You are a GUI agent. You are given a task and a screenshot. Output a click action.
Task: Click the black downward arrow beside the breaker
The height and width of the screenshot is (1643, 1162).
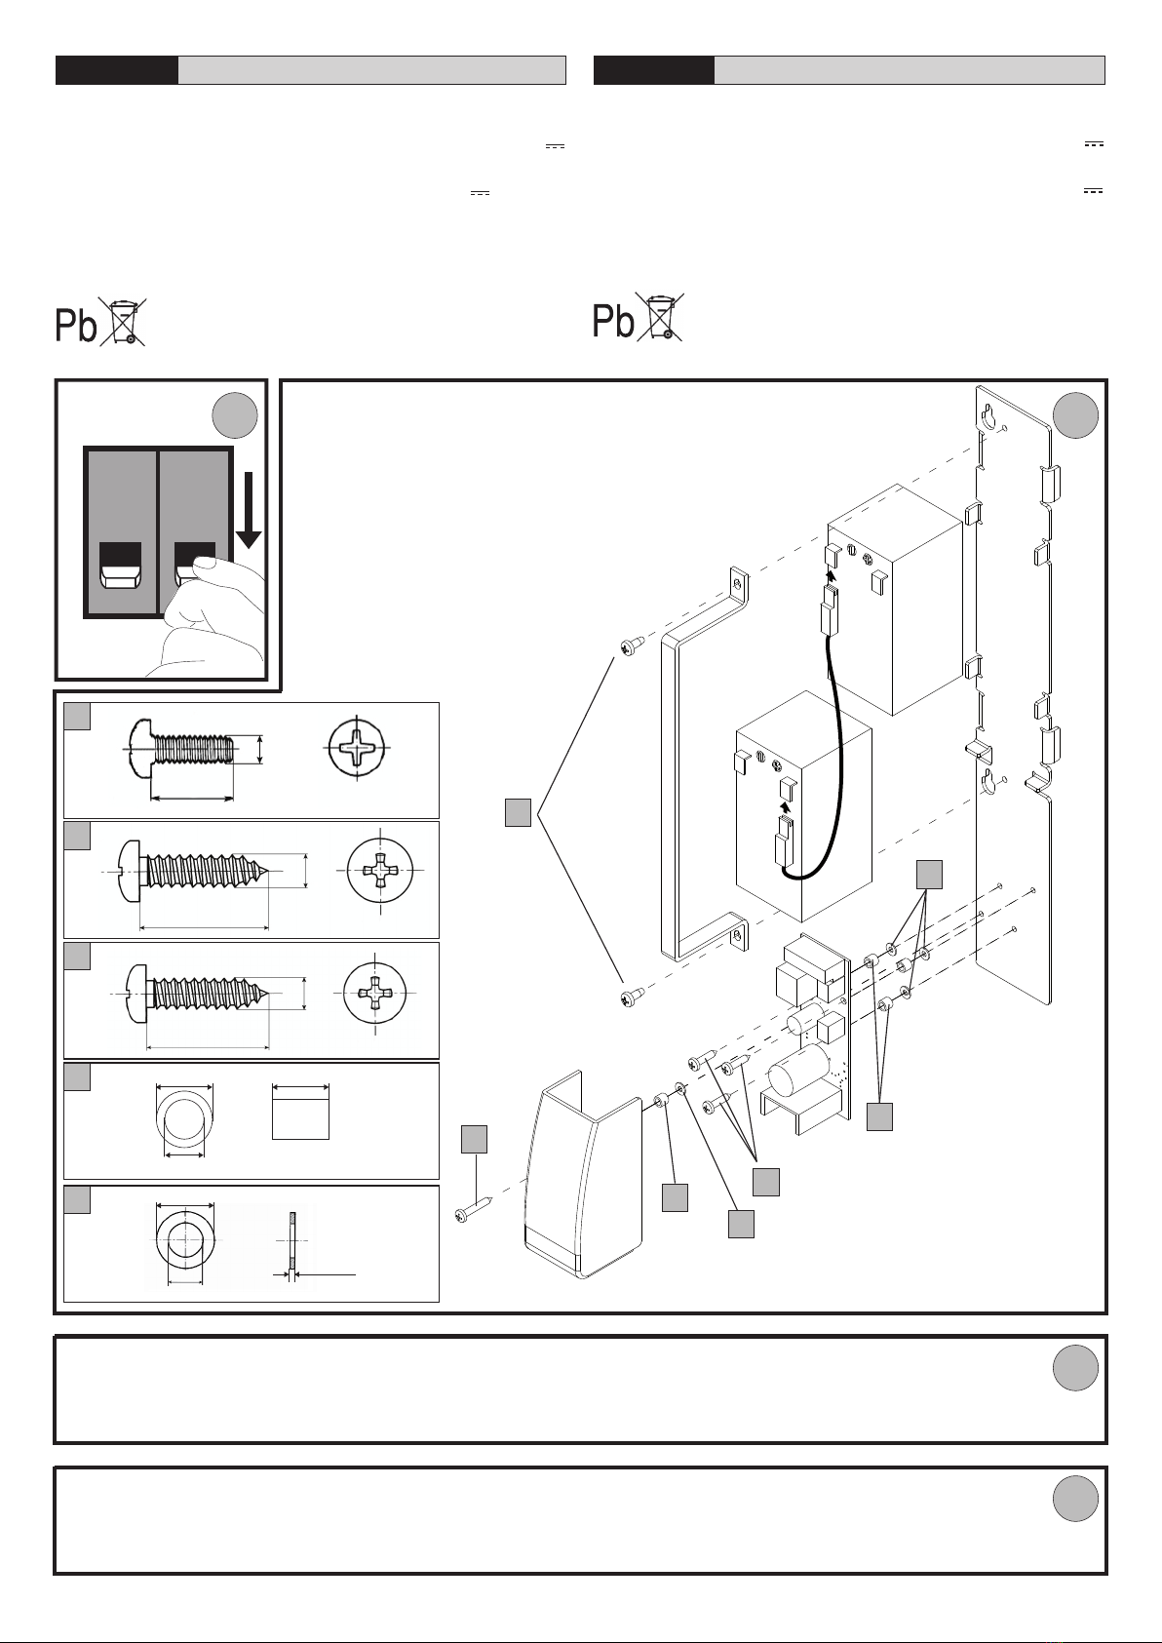249,510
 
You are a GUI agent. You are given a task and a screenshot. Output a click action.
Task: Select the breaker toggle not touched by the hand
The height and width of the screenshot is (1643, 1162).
120,567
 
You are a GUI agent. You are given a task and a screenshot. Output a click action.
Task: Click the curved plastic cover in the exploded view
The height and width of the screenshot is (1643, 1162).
584,1174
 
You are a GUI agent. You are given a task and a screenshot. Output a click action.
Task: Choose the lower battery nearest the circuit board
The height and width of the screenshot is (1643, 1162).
803,806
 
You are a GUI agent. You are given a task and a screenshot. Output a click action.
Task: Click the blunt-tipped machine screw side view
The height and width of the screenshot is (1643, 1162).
182,749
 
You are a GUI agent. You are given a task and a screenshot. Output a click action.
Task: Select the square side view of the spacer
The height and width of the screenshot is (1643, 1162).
300,1112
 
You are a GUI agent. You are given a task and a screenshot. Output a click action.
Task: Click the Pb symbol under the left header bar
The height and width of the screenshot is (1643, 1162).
76,324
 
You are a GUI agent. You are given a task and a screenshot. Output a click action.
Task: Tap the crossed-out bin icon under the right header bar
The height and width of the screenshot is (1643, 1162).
660,316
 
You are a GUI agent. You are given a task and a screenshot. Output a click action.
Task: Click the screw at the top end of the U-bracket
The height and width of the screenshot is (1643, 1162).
630,645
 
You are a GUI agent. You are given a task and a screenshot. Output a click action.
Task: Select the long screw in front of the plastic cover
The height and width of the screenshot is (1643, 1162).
473,1209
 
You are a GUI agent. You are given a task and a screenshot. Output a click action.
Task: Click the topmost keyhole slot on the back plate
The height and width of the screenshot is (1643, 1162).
989,416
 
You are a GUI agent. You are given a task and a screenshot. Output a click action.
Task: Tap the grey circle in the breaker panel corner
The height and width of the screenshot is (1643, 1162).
235,415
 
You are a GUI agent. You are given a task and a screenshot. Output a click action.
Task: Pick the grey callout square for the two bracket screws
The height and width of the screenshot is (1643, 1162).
519,812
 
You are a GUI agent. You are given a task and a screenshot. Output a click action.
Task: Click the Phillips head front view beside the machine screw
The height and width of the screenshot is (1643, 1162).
356,749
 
